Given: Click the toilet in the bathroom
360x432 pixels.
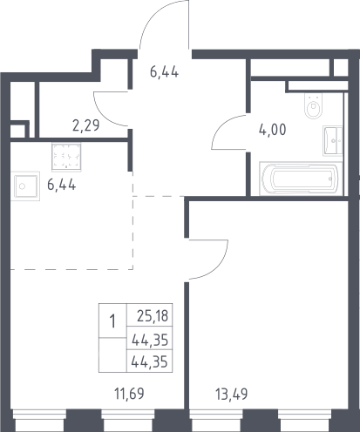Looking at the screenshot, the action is tap(314, 105).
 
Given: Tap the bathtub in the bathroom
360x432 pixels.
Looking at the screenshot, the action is tap(301, 178).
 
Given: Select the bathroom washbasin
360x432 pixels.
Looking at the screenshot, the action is tap(332, 141).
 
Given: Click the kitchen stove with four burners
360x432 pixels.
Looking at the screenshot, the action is tap(66, 157).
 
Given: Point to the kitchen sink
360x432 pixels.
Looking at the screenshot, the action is tap(25, 186).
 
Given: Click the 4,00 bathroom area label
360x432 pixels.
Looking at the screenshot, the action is tap(273, 130).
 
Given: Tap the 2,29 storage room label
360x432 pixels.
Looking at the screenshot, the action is tap(85, 125).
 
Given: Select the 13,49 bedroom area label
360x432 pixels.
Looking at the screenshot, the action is tap(232, 395).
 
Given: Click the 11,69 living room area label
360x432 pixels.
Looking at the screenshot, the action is tap(129, 394).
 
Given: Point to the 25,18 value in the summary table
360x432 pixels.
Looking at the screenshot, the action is tap(153, 316).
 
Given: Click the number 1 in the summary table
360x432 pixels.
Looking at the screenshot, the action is tap(112, 321).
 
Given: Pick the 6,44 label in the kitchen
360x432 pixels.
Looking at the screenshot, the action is tap(62, 185).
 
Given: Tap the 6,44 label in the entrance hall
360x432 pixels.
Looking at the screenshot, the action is tap(164, 71).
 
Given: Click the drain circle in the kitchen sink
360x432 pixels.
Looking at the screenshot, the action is tap(22, 186).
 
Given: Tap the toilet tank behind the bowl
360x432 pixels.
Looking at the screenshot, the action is tap(314, 97).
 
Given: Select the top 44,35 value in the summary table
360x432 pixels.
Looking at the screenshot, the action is tap(150, 340).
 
